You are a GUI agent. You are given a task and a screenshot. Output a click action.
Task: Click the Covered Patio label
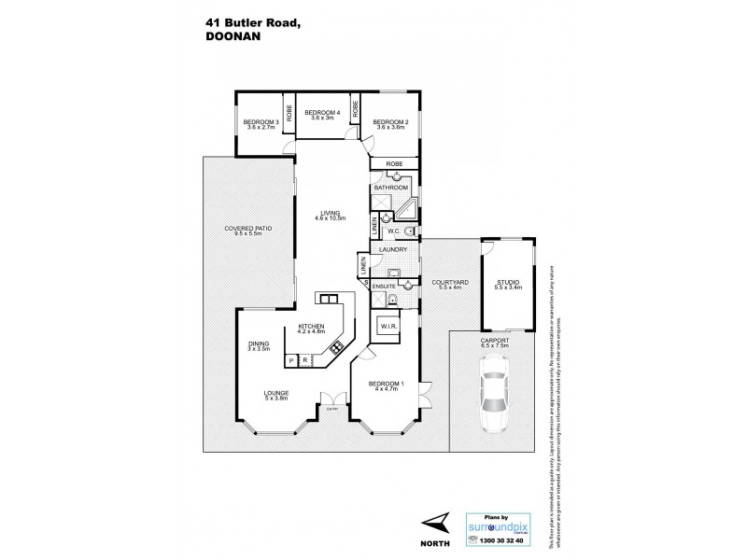click(x=247, y=230)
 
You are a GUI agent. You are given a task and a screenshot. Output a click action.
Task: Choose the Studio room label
click(x=508, y=284)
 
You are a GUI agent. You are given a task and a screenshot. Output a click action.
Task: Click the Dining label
click(x=259, y=346)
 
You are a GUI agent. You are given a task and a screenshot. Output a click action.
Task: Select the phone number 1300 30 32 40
click(x=503, y=539)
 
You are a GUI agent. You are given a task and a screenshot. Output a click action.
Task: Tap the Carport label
click(x=495, y=343)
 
